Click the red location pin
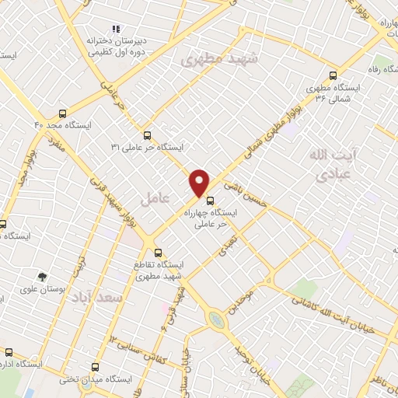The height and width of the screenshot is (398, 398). coord(200,182)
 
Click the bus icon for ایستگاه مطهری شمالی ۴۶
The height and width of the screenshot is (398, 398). coord(333,75)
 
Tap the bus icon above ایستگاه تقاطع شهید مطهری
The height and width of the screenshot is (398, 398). coord(159,253)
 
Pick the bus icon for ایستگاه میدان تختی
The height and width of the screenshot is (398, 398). coord(96,367)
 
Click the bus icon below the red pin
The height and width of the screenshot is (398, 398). coord(209,200)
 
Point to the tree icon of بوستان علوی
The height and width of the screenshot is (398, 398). coord(43,276)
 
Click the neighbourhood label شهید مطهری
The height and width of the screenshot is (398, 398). coord(211,58)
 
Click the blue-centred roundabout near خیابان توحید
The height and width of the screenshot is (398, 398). coord(215,319)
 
